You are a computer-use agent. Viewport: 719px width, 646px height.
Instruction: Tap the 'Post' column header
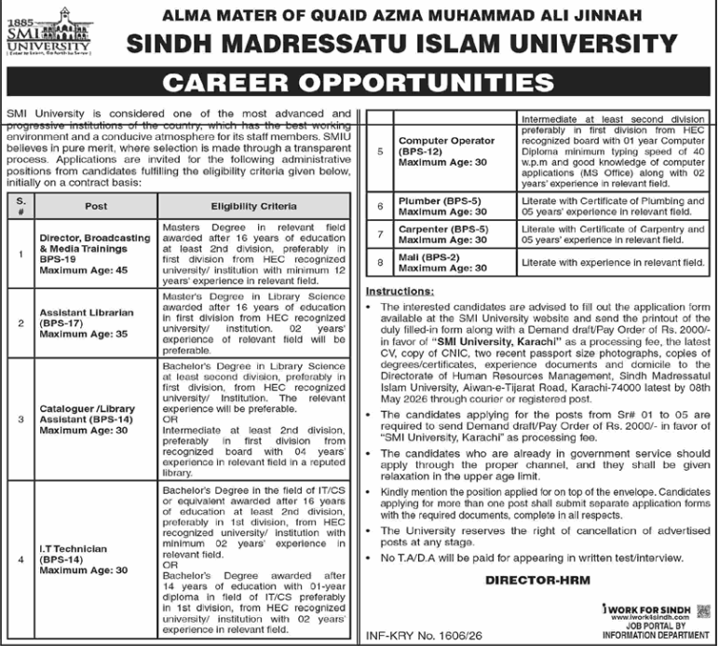click(x=96, y=205)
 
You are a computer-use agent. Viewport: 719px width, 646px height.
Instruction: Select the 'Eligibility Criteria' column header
click(x=254, y=205)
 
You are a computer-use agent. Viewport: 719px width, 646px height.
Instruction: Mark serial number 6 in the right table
click(x=380, y=206)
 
